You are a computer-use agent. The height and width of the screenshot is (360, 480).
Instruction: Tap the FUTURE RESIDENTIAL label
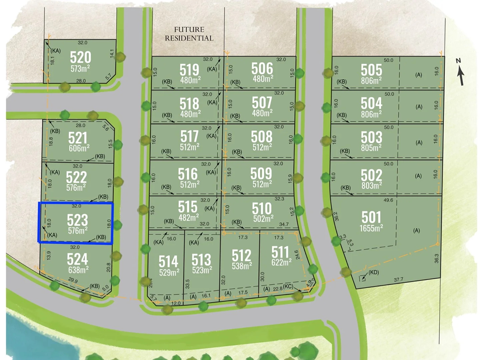pyautogui.click(x=189, y=34)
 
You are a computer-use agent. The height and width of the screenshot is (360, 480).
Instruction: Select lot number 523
pyautogui.click(x=77, y=220)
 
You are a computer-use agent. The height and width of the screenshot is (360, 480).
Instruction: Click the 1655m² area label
pyautogui.click(x=371, y=228)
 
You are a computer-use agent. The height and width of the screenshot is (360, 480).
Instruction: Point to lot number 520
pyautogui.click(x=80, y=57)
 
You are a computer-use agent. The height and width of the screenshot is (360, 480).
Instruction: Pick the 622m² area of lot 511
pyautogui.click(x=281, y=262)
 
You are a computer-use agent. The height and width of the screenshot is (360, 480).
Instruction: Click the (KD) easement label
pyautogui.click(x=373, y=272)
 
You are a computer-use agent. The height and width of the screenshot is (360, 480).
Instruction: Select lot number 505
pyautogui.click(x=371, y=70)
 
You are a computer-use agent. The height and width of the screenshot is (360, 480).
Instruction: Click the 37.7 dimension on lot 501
pyautogui.click(x=398, y=280)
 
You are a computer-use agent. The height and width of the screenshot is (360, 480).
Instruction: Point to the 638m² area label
pyautogui.click(x=78, y=270)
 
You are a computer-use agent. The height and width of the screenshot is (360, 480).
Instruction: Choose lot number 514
pyautogui.click(x=168, y=261)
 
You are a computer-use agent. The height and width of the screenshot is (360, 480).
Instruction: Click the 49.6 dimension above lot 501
pyautogui.click(x=388, y=200)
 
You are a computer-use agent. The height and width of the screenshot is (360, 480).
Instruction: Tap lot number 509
pyautogui.click(x=261, y=174)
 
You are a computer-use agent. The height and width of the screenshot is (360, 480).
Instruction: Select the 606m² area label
pyautogui.click(x=79, y=148)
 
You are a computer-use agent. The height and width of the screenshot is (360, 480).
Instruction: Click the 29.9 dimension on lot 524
pyautogui.click(x=73, y=281)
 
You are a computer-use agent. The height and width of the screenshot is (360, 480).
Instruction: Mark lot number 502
pyautogui.click(x=371, y=175)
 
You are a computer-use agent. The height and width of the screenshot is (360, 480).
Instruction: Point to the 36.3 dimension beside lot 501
pyautogui.click(x=437, y=258)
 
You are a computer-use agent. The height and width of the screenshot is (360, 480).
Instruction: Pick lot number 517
pyautogui.click(x=189, y=137)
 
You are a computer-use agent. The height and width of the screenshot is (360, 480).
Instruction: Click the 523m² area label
pyautogui.click(x=202, y=270)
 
